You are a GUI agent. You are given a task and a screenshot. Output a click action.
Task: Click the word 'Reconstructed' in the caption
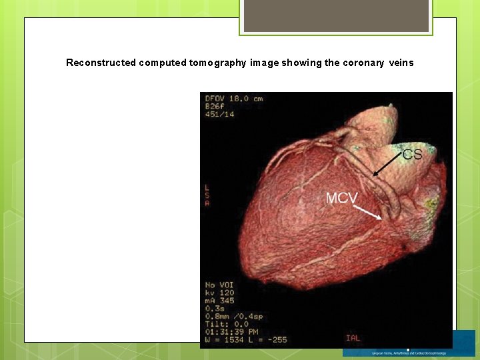[101, 63]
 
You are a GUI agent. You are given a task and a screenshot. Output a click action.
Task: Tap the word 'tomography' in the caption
[220, 63]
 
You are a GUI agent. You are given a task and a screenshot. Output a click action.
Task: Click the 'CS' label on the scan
[412, 154]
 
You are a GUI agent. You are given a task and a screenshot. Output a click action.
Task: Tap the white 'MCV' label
[341, 198]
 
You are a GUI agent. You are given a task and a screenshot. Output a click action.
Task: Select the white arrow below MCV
[367, 211]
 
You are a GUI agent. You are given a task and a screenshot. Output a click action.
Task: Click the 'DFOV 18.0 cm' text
[234, 99]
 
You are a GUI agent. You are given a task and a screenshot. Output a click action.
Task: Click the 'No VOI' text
[220, 285]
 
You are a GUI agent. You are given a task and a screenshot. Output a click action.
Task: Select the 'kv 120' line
[220, 293]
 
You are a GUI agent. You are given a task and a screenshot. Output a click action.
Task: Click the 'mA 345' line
[220, 301]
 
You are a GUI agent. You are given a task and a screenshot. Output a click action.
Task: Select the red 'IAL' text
[353, 338]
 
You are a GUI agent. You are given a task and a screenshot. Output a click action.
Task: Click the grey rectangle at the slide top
[336, 15]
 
